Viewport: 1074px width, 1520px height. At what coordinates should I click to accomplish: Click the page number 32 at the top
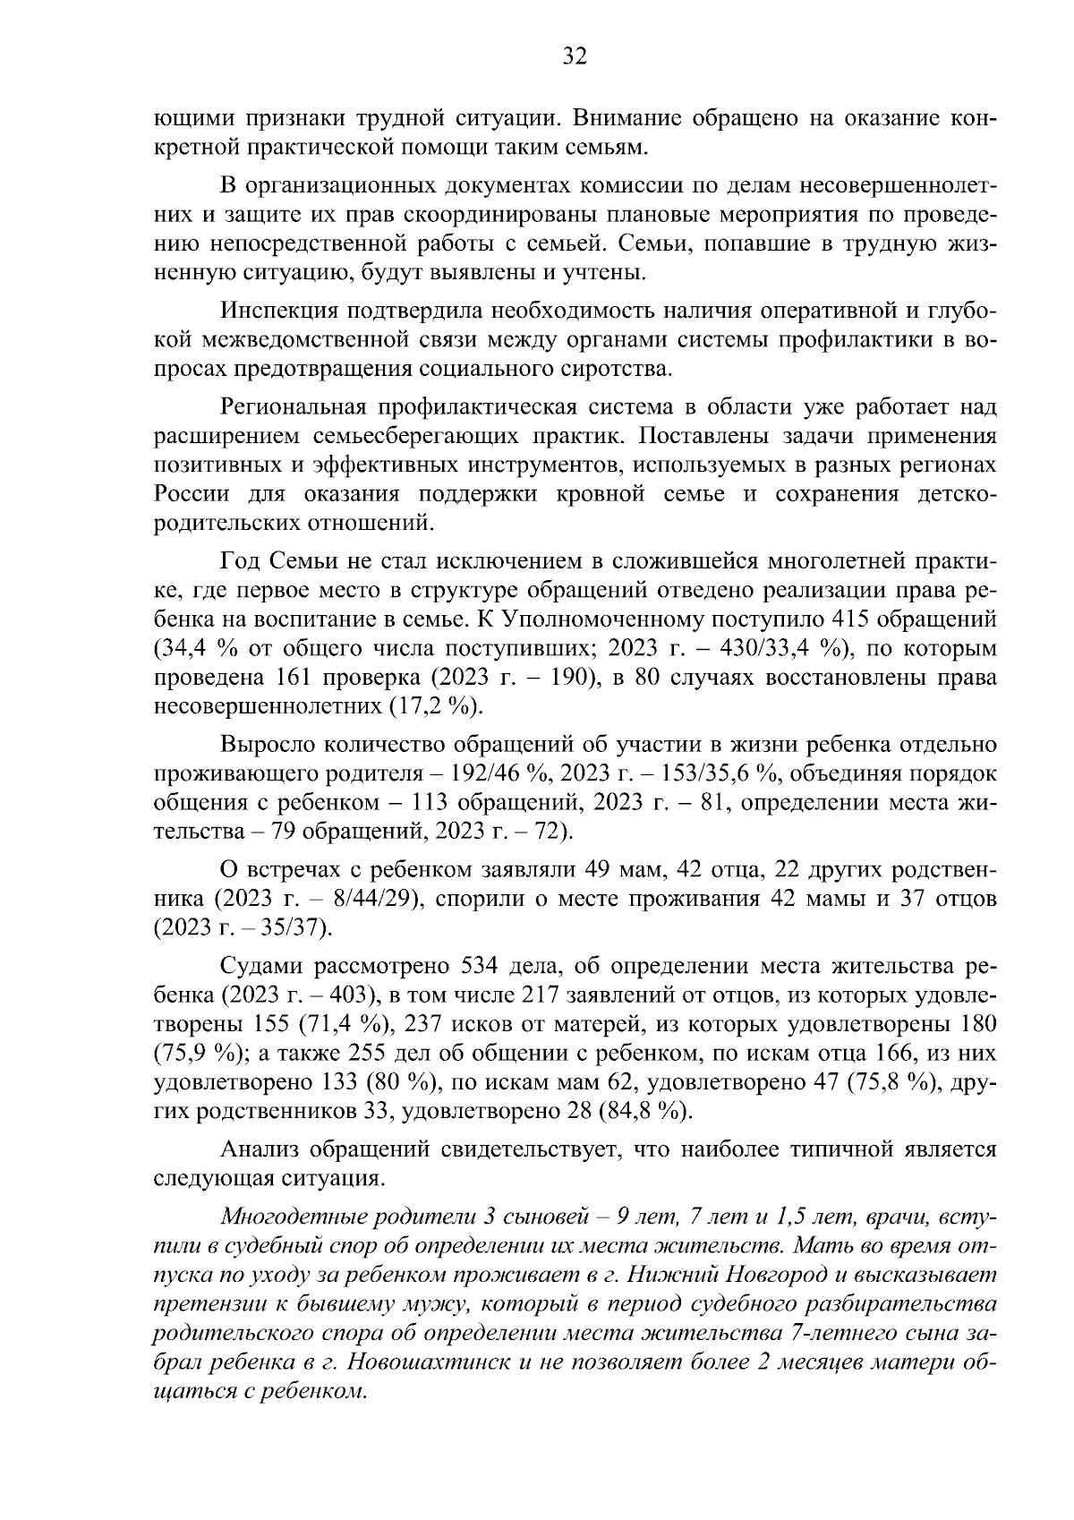(574, 57)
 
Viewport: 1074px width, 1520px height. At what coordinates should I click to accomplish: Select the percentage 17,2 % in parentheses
(436, 706)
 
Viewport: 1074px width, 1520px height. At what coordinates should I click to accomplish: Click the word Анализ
(259, 1150)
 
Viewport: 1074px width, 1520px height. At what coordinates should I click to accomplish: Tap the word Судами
(257, 967)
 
